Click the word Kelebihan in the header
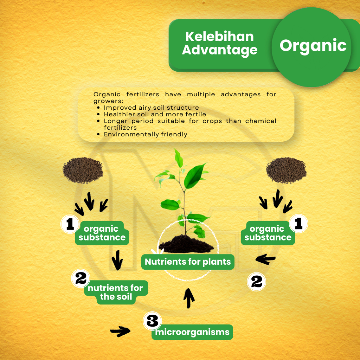tap(219, 37)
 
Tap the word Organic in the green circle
tap(313, 46)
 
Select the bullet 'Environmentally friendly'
tap(145, 134)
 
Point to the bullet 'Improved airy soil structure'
tap(151, 108)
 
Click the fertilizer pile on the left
tap(83, 170)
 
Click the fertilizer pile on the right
tap(286, 170)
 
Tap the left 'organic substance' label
tap(102, 233)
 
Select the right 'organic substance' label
tap(268, 233)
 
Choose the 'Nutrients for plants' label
tap(188, 262)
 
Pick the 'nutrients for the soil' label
tap(116, 292)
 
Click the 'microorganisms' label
tap(192, 332)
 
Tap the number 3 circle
tap(152, 321)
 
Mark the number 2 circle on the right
tap(256, 282)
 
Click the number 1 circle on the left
tap(70, 224)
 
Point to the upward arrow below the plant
tap(189, 298)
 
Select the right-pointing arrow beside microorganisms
tap(120, 331)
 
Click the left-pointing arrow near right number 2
tap(265, 259)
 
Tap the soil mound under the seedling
tap(186, 245)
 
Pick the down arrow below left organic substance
tap(117, 261)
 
